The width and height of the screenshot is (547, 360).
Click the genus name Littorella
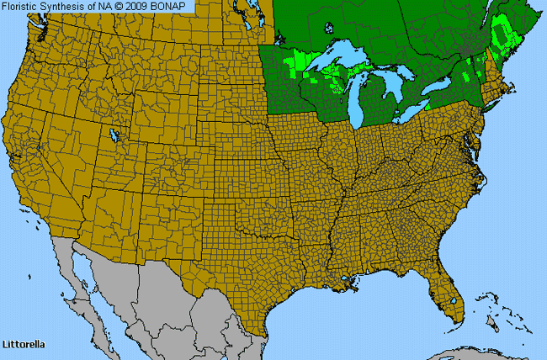click(23, 345)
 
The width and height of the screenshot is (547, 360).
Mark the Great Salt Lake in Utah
click(114, 135)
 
